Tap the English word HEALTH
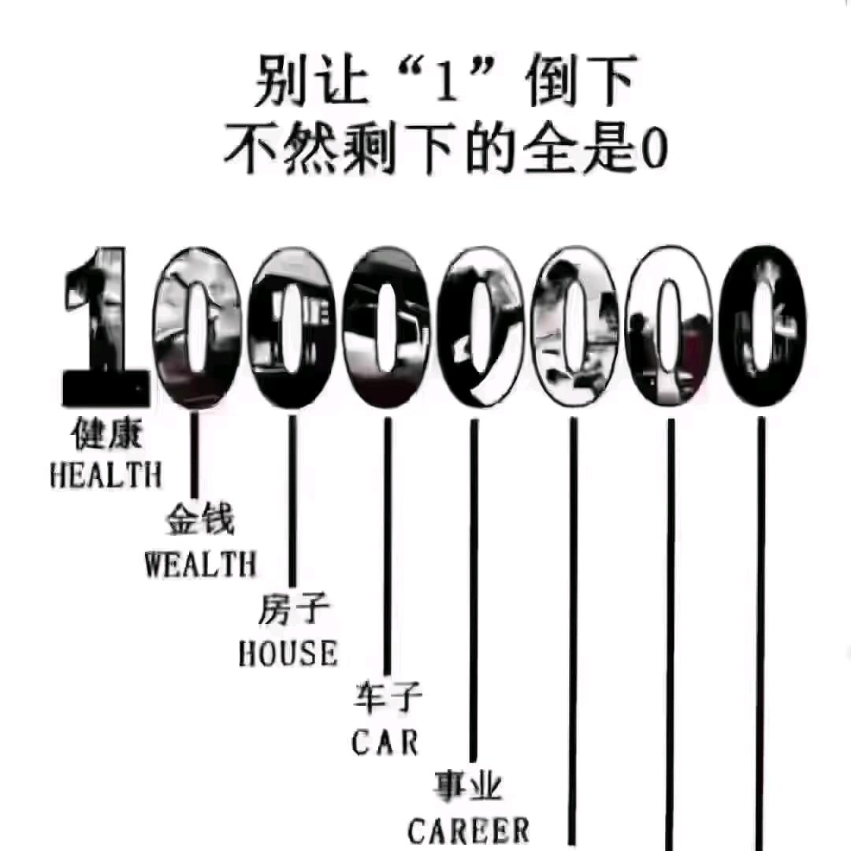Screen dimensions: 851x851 point(106,475)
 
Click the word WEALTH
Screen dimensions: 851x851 point(200,564)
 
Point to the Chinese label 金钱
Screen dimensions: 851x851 point(200,522)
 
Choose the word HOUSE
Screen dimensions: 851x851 point(288,653)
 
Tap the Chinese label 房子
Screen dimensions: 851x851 point(293,611)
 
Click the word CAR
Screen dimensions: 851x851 point(385,742)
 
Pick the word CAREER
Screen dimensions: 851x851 point(469,830)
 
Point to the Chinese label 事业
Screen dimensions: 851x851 point(469,786)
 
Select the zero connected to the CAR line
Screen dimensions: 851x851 point(386,327)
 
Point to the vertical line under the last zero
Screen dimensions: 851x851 point(761,630)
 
